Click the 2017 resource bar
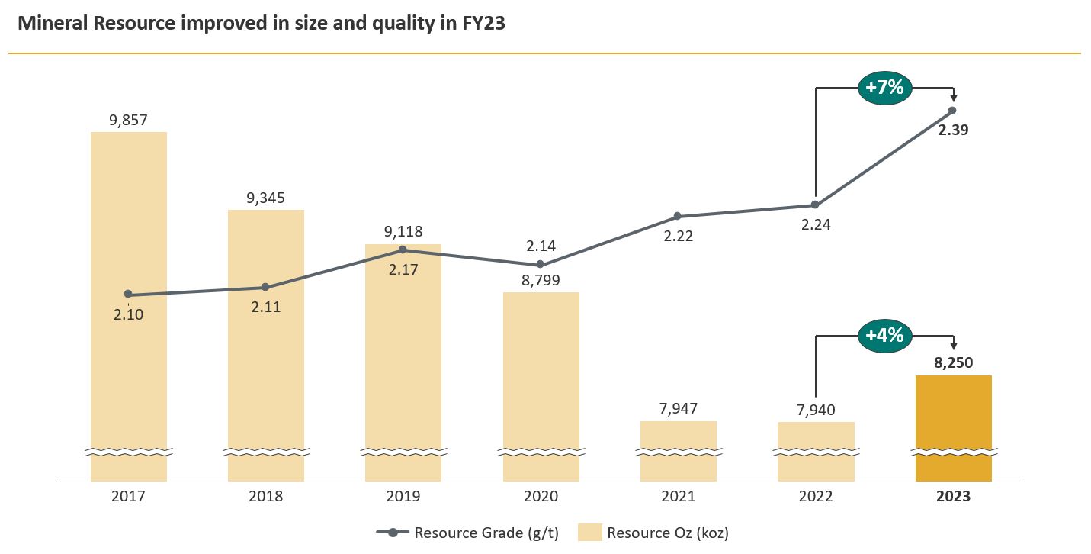click(129, 305)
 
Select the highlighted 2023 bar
click(953, 427)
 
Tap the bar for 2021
click(678, 450)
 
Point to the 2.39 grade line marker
click(952, 110)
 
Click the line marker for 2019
click(403, 250)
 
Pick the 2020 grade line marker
click(541, 264)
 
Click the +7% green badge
click(884, 88)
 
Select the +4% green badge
click(884, 335)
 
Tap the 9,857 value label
click(128, 120)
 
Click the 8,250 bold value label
click(953, 363)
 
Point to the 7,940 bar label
click(815, 410)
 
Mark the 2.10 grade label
click(129, 314)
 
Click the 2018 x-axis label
click(265, 497)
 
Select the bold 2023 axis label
click(953, 497)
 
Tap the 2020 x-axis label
click(541, 497)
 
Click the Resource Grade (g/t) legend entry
click(468, 533)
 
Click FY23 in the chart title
click(483, 24)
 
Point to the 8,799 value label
click(541, 280)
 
